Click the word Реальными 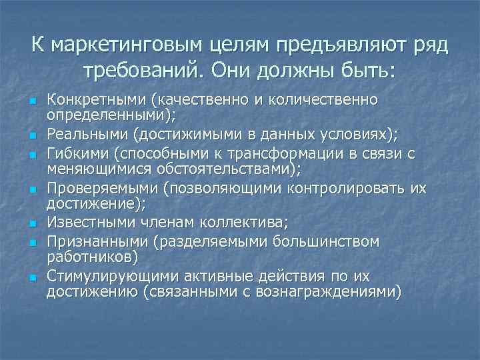(x=87, y=135)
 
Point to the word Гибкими (x=78, y=154)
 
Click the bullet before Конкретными (x=32, y=101)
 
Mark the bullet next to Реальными (x=32, y=137)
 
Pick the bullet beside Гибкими (x=32, y=155)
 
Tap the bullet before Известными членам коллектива (x=32, y=224)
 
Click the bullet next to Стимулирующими (x=32, y=276)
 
